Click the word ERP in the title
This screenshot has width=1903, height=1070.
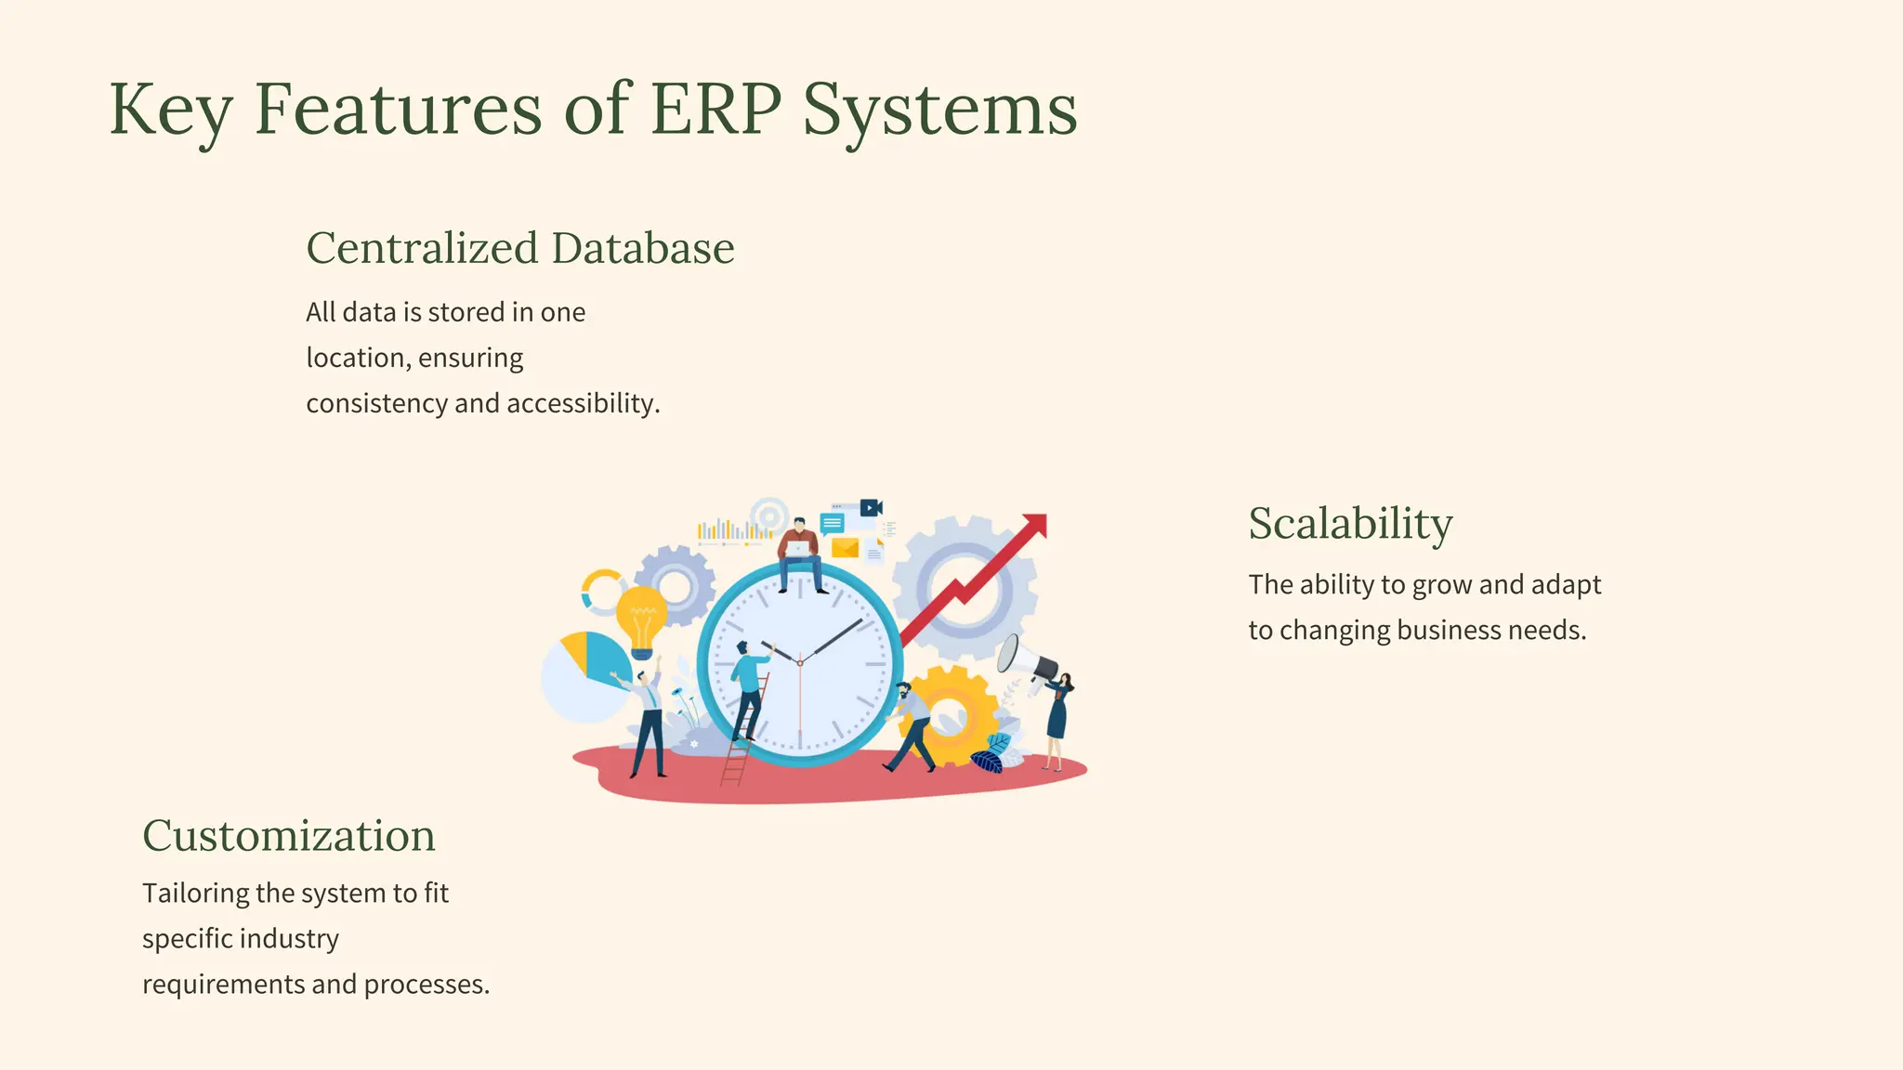point(715,110)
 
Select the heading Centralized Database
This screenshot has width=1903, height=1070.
point(520,249)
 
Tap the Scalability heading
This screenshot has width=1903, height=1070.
point(1350,524)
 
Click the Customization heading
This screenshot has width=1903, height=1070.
point(289,836)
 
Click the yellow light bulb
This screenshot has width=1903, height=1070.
point(641,618)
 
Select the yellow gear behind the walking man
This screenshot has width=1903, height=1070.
point(957,715)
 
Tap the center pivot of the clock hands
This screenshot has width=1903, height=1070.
point(799,663)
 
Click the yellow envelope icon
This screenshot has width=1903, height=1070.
point(845,548)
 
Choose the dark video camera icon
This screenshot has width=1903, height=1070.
point(871,508)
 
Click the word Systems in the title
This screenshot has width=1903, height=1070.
point(939,110)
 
